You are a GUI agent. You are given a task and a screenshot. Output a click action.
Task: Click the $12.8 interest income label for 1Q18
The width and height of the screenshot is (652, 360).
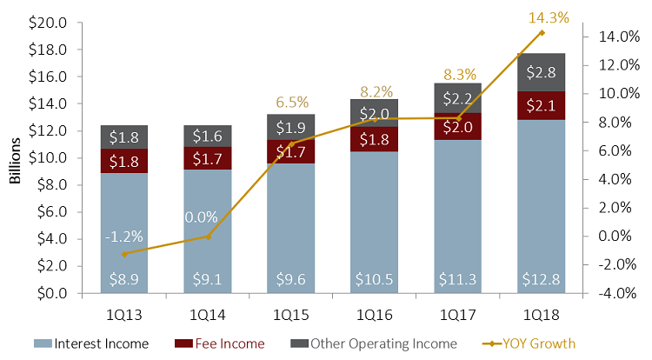[542, 278]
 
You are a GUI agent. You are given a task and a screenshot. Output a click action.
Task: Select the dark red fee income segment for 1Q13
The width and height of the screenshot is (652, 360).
[123, 161]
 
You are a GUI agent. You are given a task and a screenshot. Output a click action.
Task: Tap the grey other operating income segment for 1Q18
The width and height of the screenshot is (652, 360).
[542, 72]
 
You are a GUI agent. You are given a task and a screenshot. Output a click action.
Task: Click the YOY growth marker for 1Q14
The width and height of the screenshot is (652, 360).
[208, 236]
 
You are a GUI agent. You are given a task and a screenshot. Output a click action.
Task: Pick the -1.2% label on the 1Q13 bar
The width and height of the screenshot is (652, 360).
[123, 236]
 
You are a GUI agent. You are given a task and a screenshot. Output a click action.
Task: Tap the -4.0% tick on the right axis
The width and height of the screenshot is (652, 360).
[619, 293]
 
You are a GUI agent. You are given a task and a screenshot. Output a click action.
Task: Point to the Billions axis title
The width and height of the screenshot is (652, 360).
[16, 159]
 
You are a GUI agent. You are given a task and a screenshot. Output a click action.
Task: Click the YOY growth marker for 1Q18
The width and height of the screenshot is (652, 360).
[542, 33]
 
